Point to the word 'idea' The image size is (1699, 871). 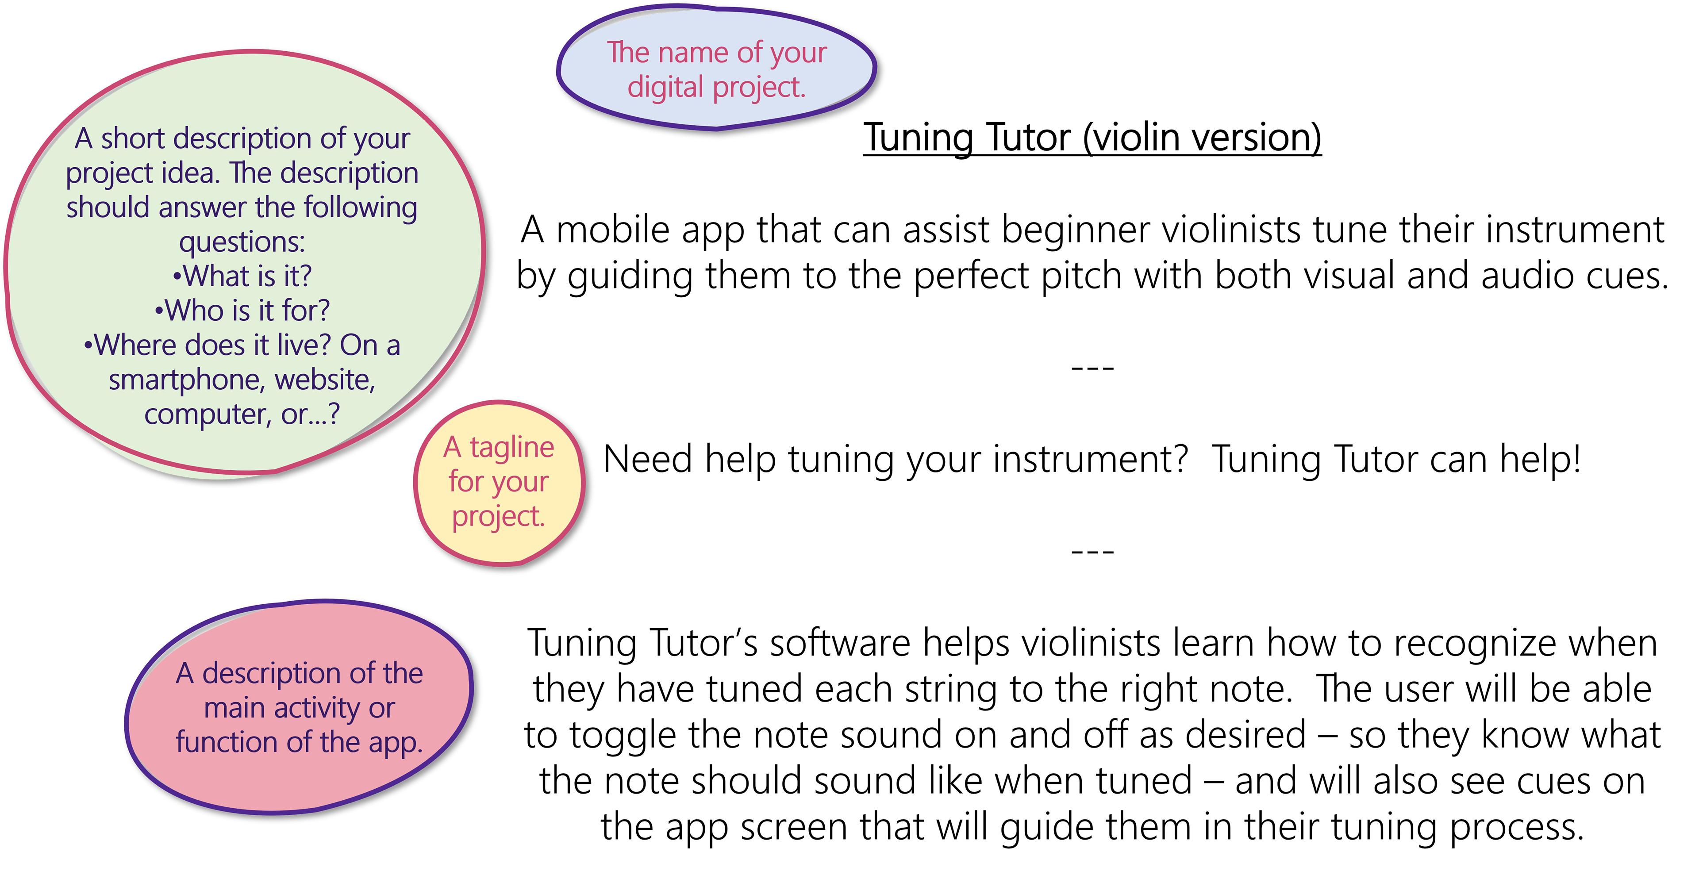point(194,173)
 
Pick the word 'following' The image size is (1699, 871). point(360,208)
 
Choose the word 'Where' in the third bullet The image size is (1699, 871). point(135,345)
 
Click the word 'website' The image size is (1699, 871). point(324,380)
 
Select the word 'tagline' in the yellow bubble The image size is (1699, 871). point(512,448)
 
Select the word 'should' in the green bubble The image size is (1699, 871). point(108,208)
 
